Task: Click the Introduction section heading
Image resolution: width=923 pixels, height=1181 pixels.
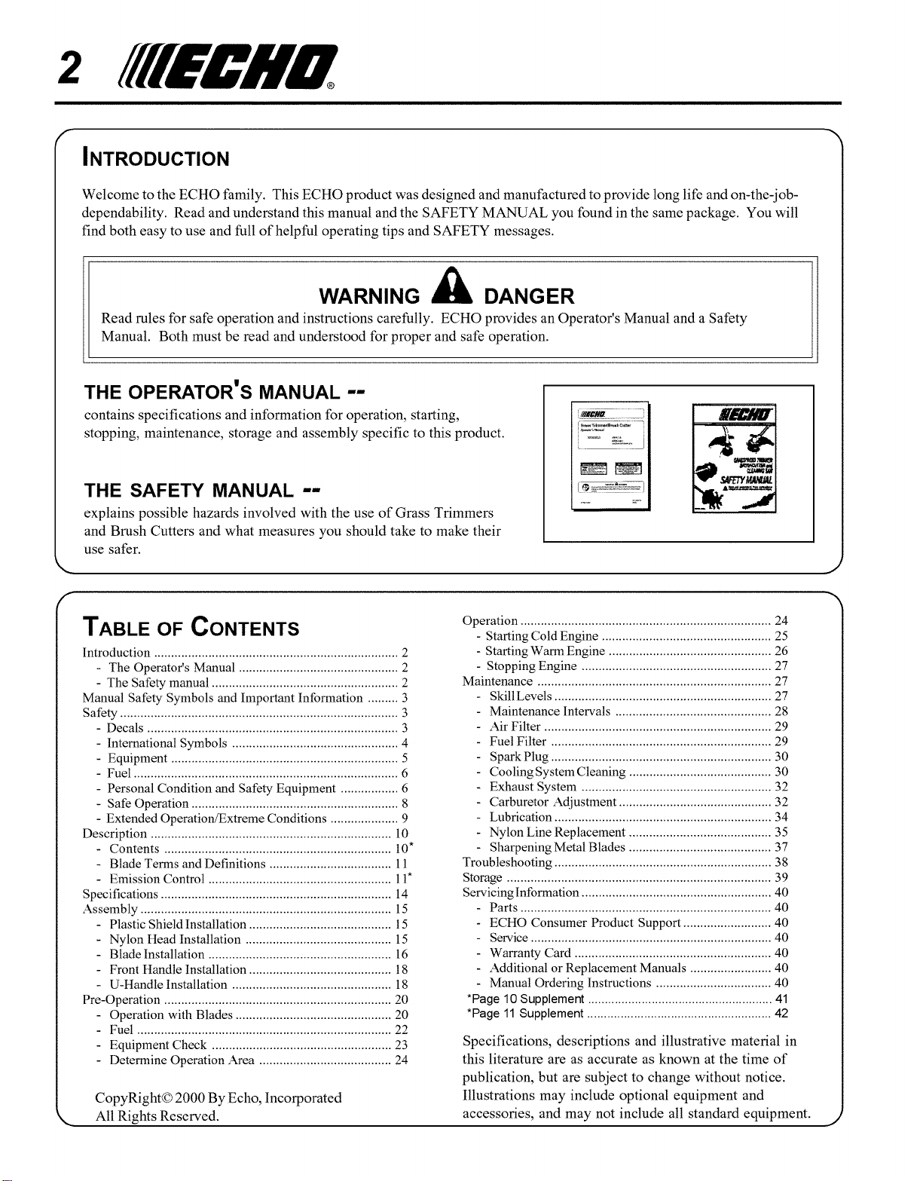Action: (x=157, y=159)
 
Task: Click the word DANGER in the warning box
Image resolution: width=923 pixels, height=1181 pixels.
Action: (x=528, y=295)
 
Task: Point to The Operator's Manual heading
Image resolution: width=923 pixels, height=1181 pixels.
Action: (x=225, y=392)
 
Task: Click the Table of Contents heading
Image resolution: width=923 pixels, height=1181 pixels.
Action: (x=191, y=628)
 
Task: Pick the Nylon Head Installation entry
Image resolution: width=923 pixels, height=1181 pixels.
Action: (x=175, y=939)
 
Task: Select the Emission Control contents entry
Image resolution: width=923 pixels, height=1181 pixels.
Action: (x=157, y=879)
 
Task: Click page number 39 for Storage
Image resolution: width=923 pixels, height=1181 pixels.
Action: (x=781, y=878)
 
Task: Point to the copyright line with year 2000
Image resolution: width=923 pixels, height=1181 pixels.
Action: (x=219, y=1097)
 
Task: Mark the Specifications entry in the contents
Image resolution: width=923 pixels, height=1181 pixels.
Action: (x=121, y=895)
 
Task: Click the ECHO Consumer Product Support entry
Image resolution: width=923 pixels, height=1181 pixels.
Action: (x=585, y=922)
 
